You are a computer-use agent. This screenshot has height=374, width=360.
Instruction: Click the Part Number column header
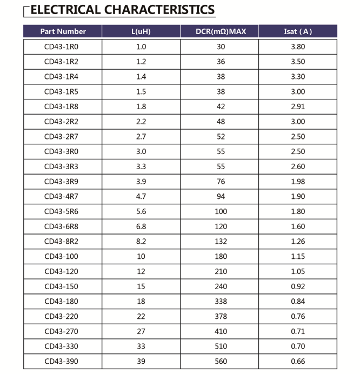[63, 31]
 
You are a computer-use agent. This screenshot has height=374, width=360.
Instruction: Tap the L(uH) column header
[141, 31]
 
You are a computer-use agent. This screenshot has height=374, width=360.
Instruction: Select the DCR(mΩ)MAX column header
[221, 31]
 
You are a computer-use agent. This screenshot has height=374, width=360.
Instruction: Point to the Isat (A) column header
[298, 31]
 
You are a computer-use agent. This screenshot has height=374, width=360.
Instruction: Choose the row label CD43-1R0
[61, 47]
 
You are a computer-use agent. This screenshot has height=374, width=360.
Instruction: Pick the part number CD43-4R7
[61, 197]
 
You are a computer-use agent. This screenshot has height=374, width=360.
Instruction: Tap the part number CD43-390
[61, 362]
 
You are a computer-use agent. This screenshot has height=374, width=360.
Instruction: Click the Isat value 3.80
[298, 47]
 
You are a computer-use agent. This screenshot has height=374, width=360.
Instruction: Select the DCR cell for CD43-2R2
[221, 122]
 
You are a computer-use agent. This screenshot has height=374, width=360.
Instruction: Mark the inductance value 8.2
[141, 242]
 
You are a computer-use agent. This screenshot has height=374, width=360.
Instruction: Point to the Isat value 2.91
[298, 107]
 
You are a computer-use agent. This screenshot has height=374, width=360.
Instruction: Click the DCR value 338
[221, 302]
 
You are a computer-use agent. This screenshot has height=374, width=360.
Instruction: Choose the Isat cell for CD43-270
[298, 331]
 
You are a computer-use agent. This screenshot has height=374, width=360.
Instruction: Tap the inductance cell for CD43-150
[141, 286]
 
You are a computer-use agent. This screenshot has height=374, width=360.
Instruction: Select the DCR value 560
[221, 362]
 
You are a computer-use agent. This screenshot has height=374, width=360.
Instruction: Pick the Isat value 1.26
[298, 242]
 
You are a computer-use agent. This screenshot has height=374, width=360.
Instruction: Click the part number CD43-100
[61, 257]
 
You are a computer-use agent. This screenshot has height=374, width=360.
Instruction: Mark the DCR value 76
[221, 182]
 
